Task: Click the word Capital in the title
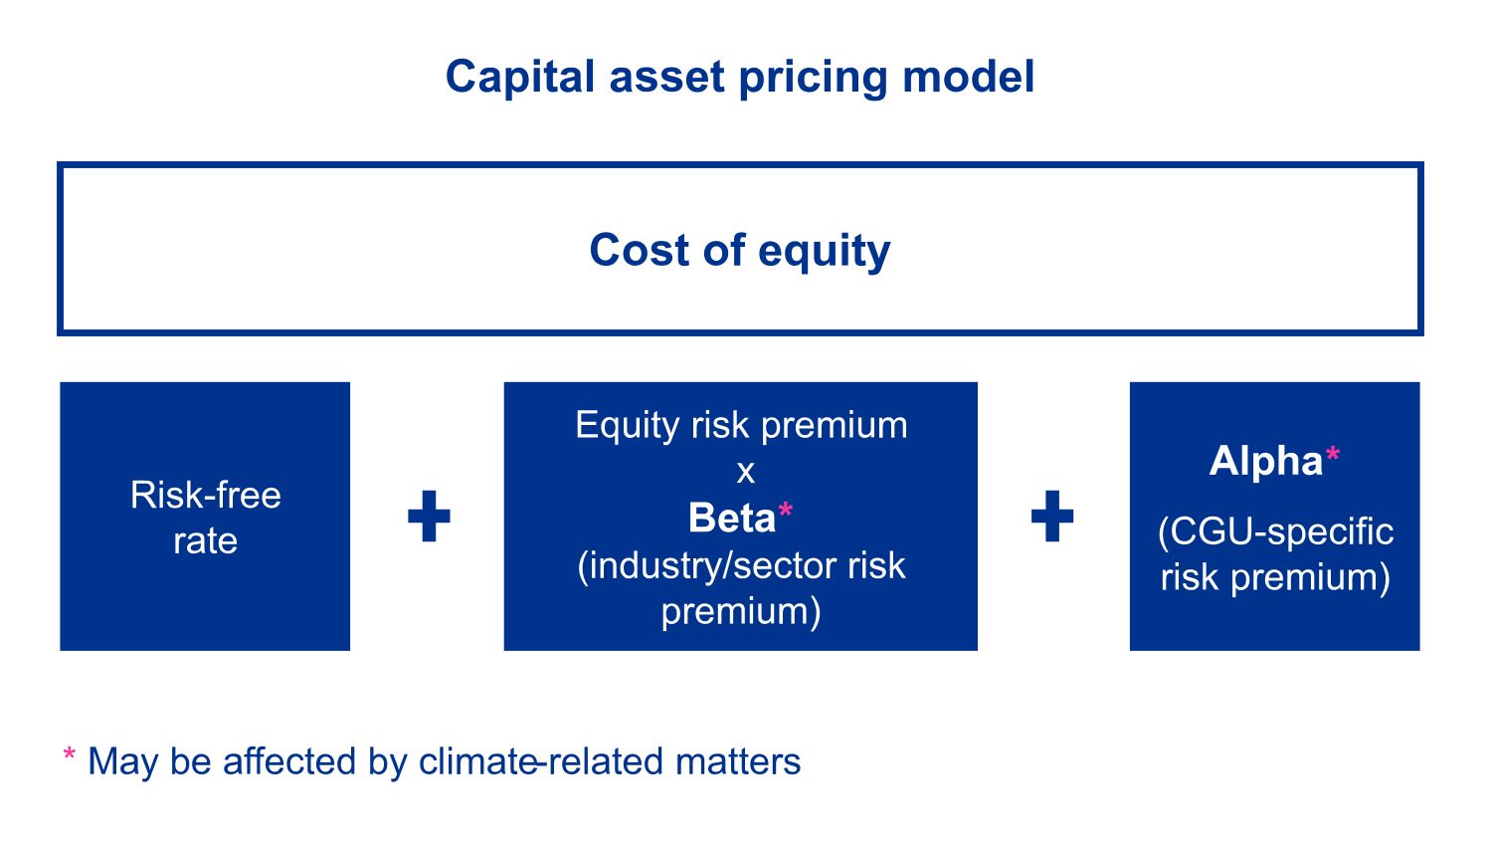(x=519, y=78)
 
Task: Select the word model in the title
(x=969, y=77)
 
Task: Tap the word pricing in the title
(x=814, y=78)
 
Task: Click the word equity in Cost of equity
(x=824, y=252)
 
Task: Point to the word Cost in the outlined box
(x=640, y=250)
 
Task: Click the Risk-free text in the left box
(x=205, y=496)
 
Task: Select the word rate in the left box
(x=205, y=540)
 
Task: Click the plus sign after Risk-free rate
(x=429, y=516)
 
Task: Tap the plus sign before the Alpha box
(x=1052, y=516)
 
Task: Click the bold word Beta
(x=732, y=518)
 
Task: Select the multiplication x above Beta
(x=746, y=473)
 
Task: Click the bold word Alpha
(x=1265, y=461)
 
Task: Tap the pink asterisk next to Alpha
(x=1332, y=455)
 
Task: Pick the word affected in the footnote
(x=289, y=761)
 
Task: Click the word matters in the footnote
(x=738, y=762)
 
